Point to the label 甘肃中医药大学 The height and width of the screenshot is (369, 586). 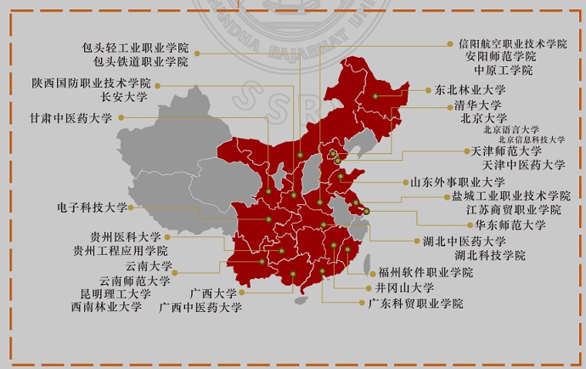[70, 118]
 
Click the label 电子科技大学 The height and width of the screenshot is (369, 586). [92, 207]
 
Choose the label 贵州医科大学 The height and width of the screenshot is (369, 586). [125, 237]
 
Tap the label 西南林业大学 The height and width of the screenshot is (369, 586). [106, 307]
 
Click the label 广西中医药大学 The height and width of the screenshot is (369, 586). [200, 307]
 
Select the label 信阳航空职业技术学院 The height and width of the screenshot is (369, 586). [512, 43]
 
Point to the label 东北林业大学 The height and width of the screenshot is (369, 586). [470, 89]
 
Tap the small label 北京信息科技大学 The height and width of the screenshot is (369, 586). [531, 139]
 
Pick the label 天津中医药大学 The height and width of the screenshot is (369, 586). [523, 164]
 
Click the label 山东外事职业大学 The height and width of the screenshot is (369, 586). [457, 182]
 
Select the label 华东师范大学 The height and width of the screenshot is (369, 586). [510, 225]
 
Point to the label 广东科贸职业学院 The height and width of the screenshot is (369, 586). [415, 304]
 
